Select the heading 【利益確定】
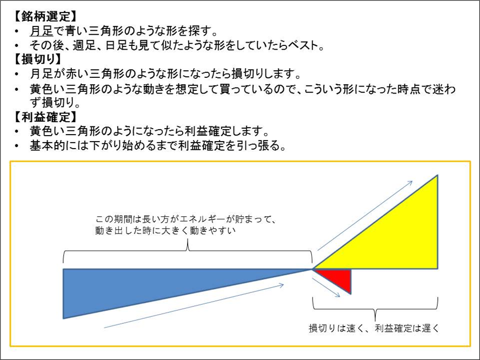(x=44, y=117)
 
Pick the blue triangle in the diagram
(x=135, y=286)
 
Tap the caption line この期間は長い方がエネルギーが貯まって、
(x=186, y=219)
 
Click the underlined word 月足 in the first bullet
(x=41, y=31)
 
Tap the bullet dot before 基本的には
(x=19, y=146)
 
